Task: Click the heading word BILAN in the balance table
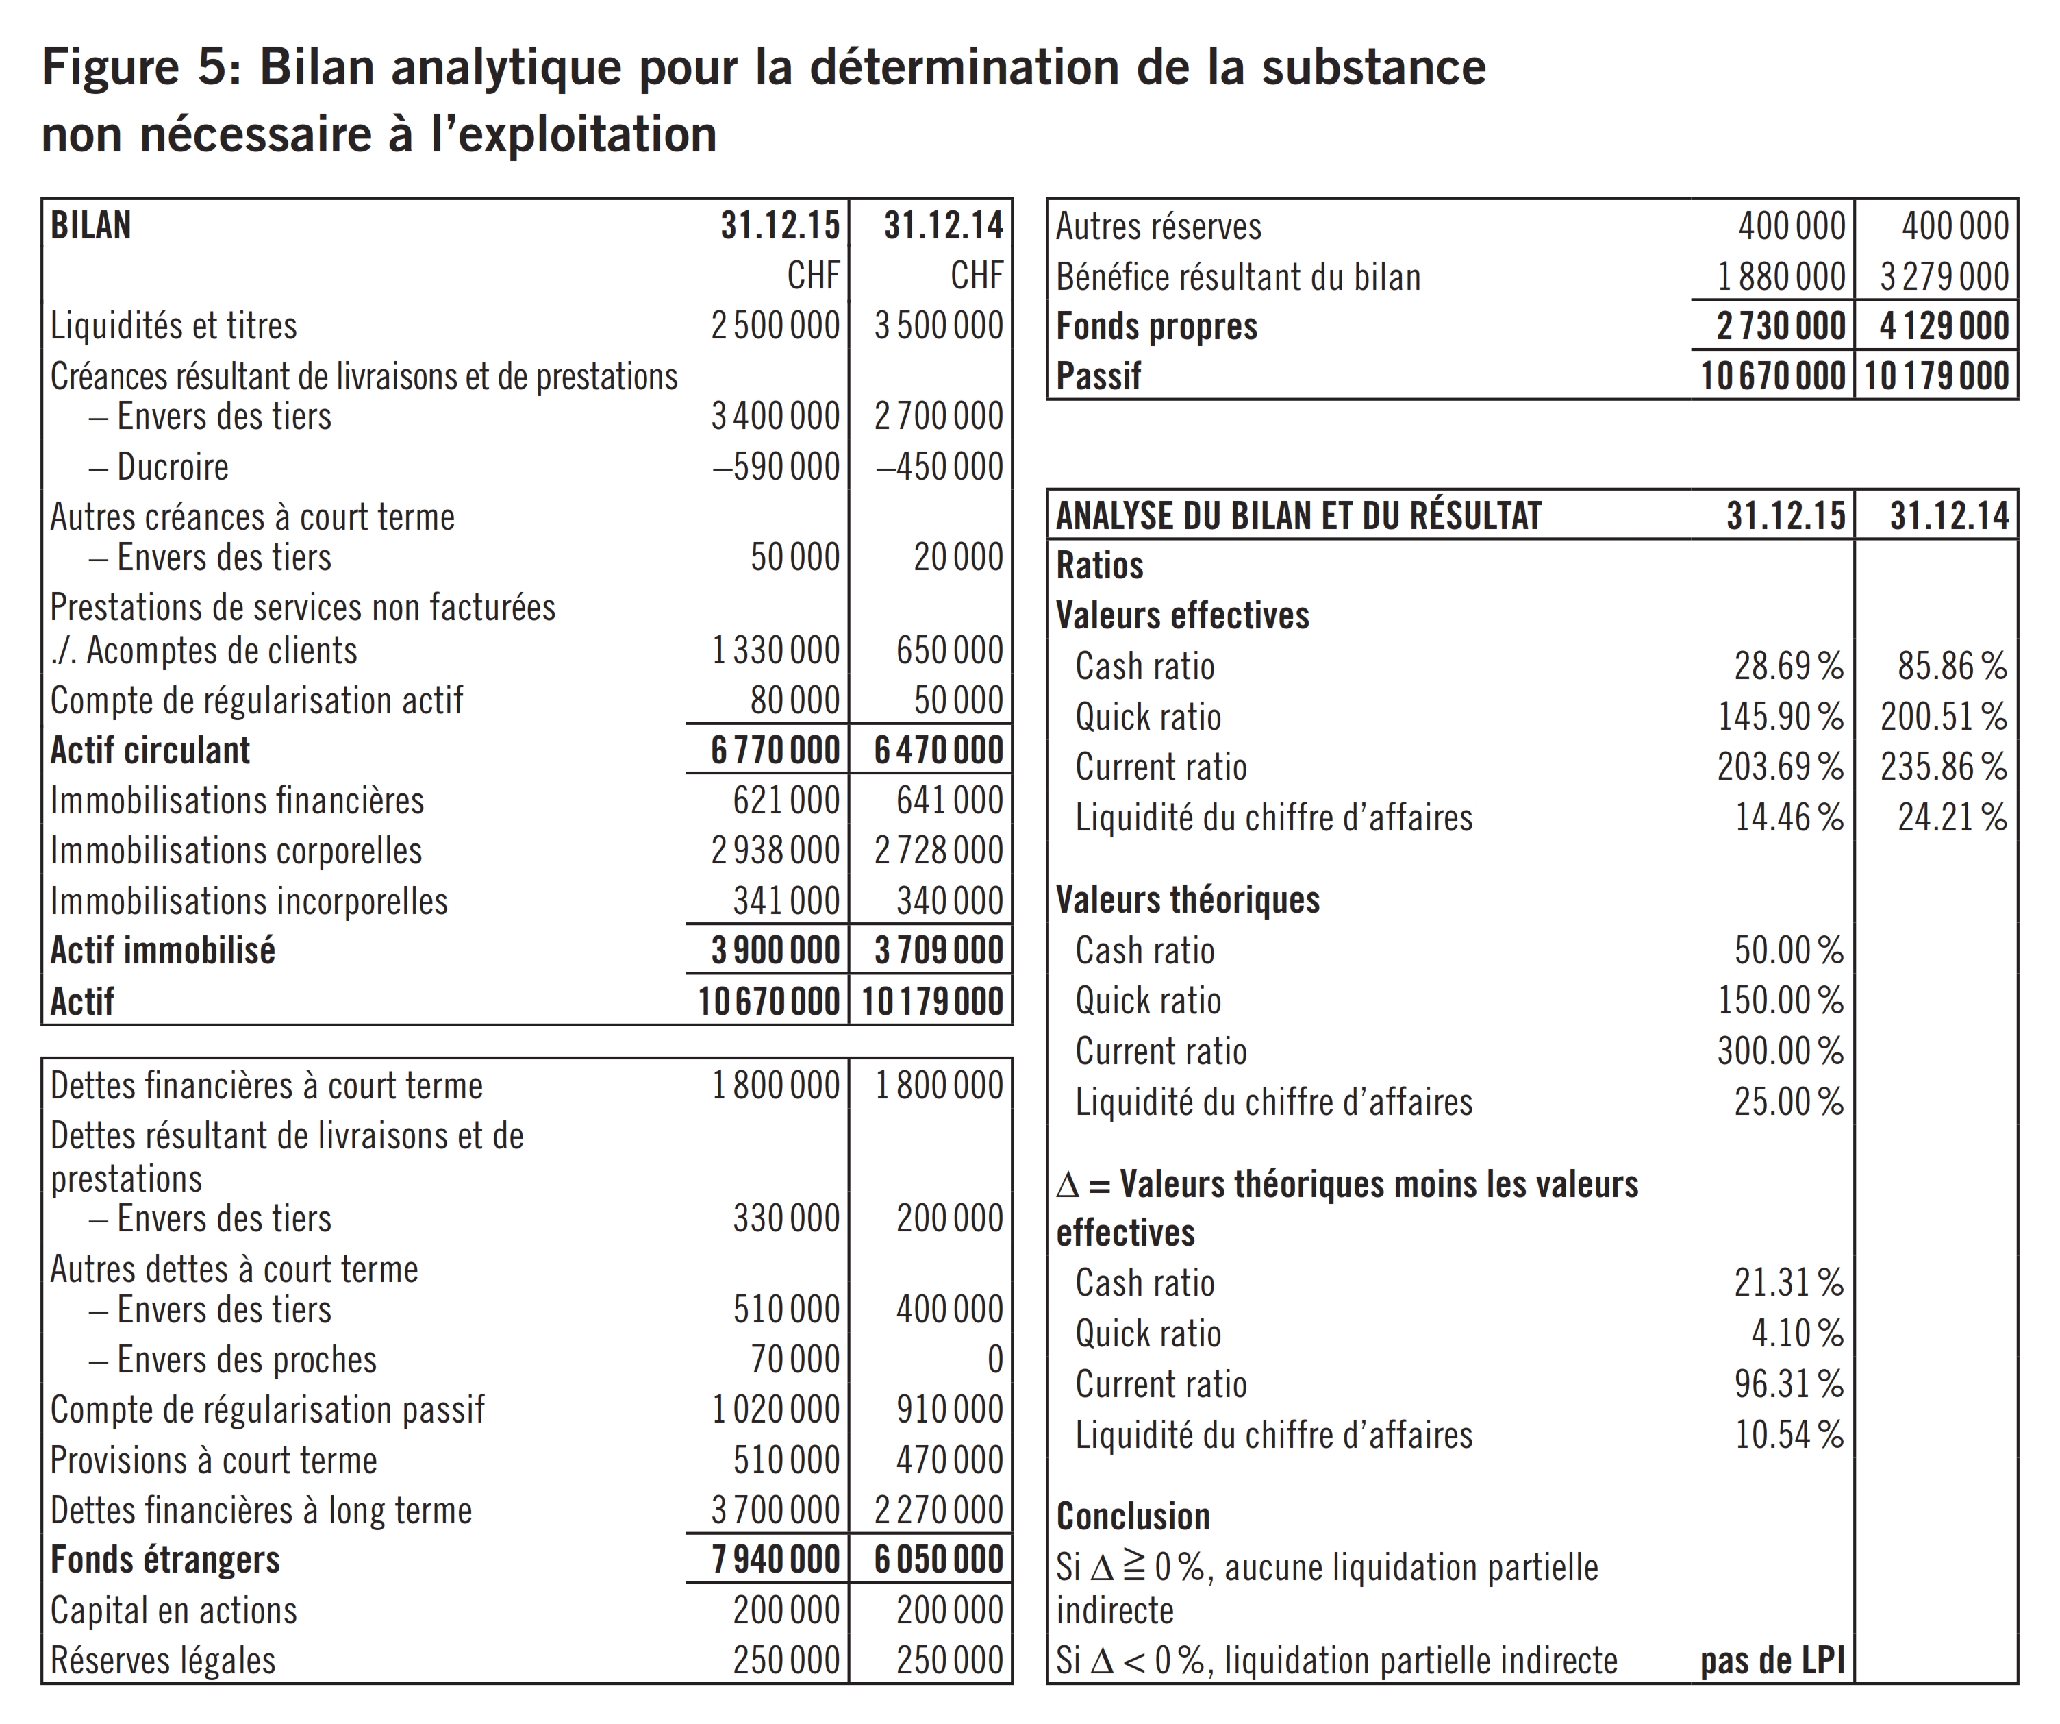(90, 225)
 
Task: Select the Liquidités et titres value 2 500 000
(775, 325)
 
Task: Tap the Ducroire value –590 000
(775, 466)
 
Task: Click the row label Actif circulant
(150, 750)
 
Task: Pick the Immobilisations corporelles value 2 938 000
(775, 851)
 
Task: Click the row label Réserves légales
(163, 1661)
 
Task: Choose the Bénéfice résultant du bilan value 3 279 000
(1944, 278)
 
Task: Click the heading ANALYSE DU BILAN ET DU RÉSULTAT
(1298, 516)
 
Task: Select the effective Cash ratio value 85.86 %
(1951, 666)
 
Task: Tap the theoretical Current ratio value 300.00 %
(1779, 1052)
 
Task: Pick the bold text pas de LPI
(1772, 1661)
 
